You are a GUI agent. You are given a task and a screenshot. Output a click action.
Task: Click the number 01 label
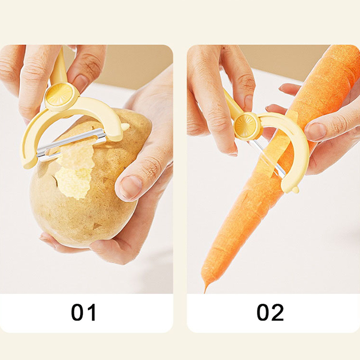coord(83,312)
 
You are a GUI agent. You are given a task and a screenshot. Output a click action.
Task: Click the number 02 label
coord(270,312)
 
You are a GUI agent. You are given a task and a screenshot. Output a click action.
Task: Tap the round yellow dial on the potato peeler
coord(59,94)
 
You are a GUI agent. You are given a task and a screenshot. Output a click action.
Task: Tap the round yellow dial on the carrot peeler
coord(245,126)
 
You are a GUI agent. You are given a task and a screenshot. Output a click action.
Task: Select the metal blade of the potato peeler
coord(71,144)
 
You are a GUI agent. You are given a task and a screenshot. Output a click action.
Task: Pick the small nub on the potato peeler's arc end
coord(126,126)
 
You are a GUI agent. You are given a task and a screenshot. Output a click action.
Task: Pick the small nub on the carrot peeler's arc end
coord(296,189)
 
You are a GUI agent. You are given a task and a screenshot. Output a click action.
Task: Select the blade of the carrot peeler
coord(269,158)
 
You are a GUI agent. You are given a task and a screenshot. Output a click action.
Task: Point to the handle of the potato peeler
coord(59,67)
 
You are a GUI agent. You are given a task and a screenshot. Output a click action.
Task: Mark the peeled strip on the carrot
coord(275,149)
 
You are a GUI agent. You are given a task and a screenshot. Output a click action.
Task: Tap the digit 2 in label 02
coord(278,312)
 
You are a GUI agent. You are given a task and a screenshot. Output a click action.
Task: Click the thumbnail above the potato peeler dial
coord(81,83)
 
